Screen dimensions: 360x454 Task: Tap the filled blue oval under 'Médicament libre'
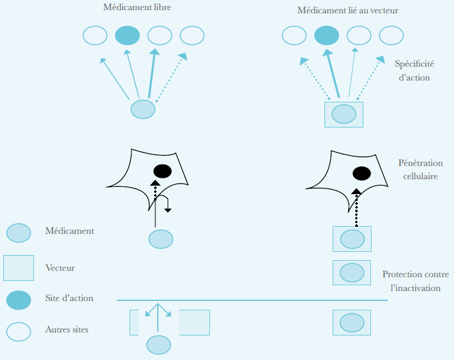tap(127, 35)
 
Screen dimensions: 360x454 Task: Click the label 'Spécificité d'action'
tap(412, 70)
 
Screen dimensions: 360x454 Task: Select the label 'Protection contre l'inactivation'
tap(414, 280)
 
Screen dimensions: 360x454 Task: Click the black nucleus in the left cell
tap(162, 170)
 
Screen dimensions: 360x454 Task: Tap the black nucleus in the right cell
tap(361, 173)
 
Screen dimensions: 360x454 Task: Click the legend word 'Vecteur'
tap(60, 268)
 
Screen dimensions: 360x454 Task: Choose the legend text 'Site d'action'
tap(69, 298)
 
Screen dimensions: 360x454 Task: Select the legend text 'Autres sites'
tap(67, 329)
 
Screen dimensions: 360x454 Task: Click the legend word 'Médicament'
tap(70, 231)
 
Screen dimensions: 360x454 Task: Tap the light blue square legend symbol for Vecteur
tap(18, 268)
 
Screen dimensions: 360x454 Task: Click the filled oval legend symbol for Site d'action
tap(19, 300)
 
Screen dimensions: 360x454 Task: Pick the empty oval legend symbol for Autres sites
tap(19, 331)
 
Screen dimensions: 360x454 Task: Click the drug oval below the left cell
tap(160, 239)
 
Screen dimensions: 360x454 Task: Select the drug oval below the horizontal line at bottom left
tap(158, 345)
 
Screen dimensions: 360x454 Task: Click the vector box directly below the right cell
tap(352, 239)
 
